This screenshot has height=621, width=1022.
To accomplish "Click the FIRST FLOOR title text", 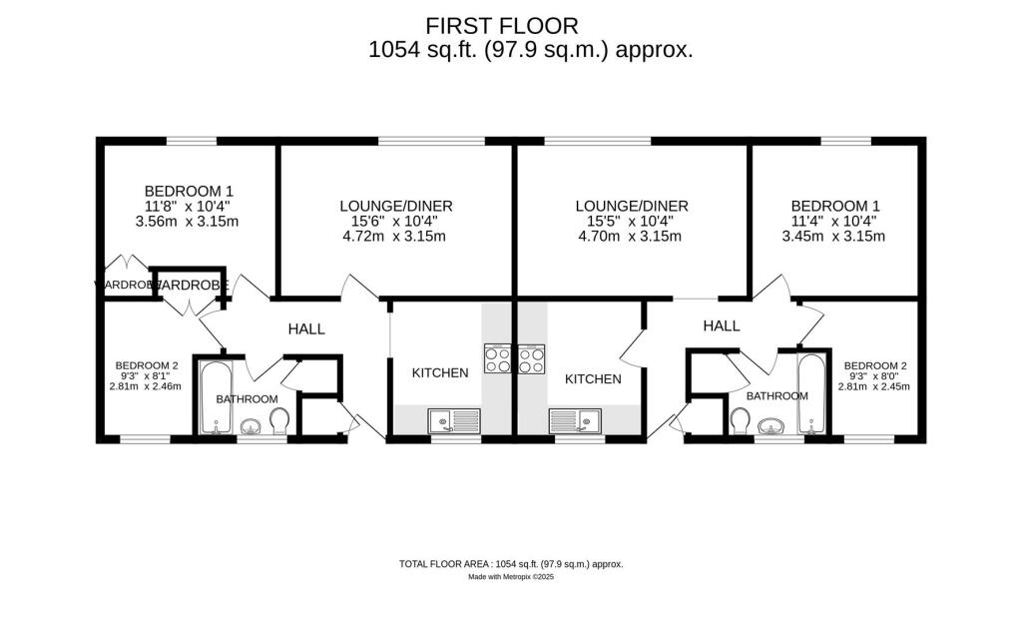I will (502, 26).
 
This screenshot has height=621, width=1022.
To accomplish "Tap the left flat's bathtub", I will (214, 397).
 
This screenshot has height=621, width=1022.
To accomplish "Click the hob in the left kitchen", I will (497, 358).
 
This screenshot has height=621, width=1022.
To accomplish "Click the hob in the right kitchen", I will (531, 358).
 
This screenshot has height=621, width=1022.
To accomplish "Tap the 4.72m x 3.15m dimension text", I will (395, 237).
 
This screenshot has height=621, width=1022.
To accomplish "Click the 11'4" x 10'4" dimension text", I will (831, 221).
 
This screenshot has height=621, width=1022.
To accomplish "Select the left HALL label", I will (306, 328).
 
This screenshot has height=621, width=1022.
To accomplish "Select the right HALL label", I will (721, 325).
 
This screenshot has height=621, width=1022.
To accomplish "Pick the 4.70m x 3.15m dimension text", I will (630, 237).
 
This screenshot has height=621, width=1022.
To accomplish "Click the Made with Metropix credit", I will (511, 577).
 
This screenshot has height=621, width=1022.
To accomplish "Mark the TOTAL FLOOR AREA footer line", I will (511, 564).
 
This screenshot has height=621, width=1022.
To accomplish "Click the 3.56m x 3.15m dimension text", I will (189, 222).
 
